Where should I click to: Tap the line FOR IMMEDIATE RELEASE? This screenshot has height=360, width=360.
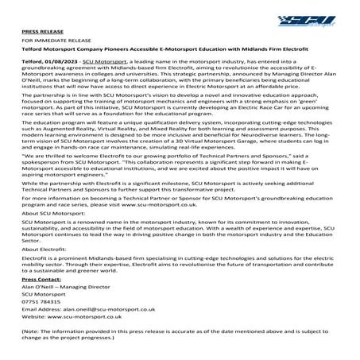tap(52, 37)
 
